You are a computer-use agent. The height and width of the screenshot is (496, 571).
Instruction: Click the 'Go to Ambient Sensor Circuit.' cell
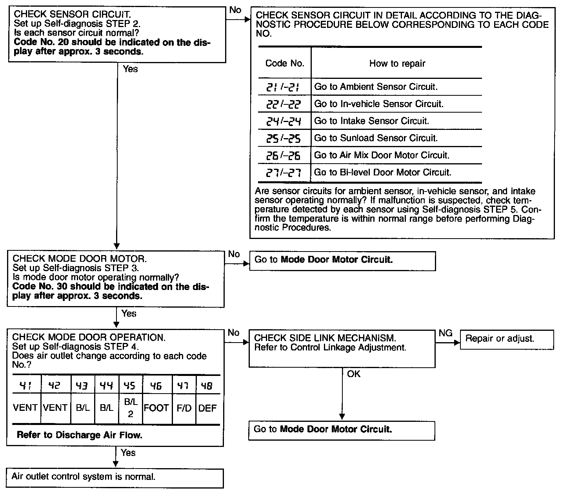pos(376,87)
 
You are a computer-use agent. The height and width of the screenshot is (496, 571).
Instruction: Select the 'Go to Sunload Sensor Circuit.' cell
pos(376,138)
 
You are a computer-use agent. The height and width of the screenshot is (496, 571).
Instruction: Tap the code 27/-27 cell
pos(284,173)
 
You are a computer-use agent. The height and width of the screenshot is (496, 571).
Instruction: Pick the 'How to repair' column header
pos(397,64)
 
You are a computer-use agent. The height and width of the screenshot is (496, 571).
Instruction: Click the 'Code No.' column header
pos(285,64)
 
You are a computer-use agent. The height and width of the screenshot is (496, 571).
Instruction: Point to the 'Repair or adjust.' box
pos(506,339)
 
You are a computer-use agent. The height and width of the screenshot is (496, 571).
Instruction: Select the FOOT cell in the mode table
pos(156,408)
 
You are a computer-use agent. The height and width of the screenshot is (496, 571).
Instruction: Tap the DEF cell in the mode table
pos(207,408)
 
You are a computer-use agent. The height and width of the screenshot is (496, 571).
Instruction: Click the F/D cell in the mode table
pos(184,408)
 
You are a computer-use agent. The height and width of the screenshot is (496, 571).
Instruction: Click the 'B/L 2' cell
pos(131,408)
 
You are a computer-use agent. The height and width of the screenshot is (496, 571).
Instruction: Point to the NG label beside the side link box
pos(446,334)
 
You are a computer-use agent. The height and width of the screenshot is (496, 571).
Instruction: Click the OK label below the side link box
pos(353,374)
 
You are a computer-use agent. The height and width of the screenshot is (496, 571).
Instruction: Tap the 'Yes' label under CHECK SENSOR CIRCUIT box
pos(130,69)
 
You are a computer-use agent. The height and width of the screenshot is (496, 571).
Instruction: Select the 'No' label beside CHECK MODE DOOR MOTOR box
pos(234,254)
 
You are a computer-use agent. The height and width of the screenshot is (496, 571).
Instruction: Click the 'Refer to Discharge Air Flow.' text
pos(79,435)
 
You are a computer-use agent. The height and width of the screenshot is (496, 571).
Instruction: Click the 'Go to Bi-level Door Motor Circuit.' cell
pos(383,173)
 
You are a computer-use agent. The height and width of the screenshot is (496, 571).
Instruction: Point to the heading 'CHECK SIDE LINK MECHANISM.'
pos(325,338)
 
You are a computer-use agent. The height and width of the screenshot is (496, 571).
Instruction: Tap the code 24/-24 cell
pos(284,121)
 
